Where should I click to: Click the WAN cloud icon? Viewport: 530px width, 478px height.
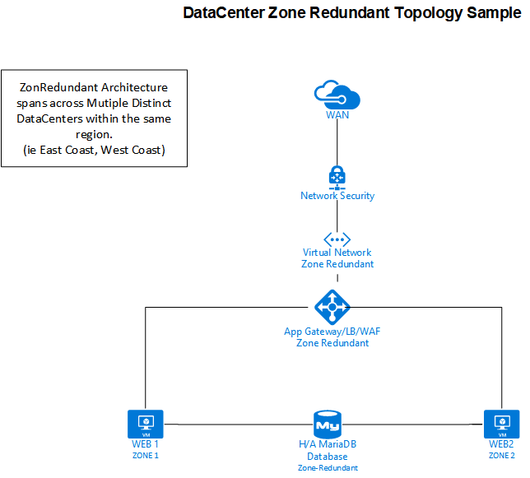pos(337,93)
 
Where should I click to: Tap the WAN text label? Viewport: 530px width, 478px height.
pos(337,115)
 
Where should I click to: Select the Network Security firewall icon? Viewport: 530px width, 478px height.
pos(337,176)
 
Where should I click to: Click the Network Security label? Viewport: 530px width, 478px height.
pos(337,196)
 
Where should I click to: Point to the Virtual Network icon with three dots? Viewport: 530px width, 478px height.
pos(337,238)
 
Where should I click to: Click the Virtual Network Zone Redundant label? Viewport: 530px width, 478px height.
pos(337,258)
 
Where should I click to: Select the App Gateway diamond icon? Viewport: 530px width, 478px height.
pos(332,308)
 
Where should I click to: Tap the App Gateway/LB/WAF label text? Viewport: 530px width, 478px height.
pos(332,331)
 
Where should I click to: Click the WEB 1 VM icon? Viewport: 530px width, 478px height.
pos(145,425)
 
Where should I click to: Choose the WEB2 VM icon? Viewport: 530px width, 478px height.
pos(500,425)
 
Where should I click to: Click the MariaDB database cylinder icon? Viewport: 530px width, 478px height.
pos(327,425)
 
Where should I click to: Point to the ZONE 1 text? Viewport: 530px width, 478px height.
pos(145,455)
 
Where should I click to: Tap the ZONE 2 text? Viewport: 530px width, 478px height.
pos(501,455)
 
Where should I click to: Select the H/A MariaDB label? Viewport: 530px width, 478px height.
pos(327,444)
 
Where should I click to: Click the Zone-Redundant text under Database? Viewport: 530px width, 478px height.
pos(327,467)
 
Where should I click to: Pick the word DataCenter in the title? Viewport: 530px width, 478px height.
pos(223,14)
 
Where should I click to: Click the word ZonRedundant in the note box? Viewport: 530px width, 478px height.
pos(56,88)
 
